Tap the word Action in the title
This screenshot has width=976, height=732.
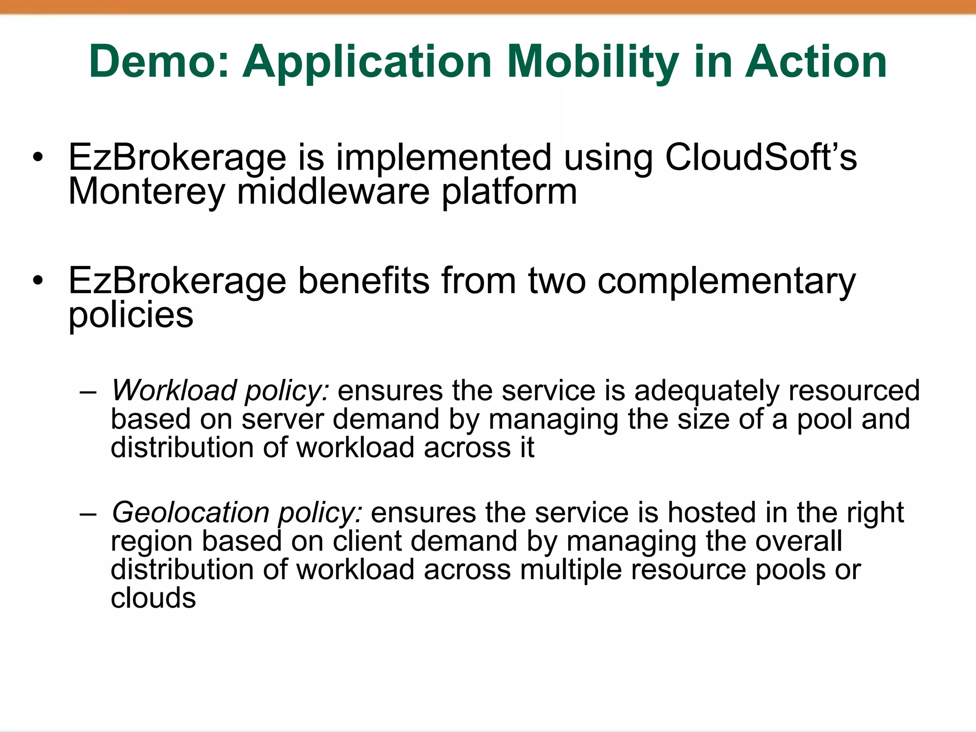815,61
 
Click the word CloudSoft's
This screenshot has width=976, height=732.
761,157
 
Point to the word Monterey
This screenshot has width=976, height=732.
146,192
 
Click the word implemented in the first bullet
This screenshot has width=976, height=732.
444,157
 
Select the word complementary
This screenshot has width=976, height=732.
727,281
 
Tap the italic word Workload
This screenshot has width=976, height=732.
173,390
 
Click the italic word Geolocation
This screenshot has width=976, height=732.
191,512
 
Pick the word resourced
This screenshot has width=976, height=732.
854,390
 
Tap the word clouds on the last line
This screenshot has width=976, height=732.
153,598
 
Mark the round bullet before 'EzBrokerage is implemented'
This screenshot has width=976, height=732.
38,157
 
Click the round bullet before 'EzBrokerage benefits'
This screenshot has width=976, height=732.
38,281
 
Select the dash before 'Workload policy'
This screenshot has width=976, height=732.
88,392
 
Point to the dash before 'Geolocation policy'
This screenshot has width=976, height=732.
88,514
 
